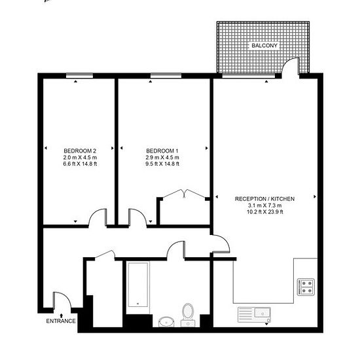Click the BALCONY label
tap(264, 45)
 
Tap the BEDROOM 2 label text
tap(80, 151)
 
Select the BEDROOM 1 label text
tap(162, 151)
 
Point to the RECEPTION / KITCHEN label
tap(264, 199)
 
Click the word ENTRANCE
tap(61, 321)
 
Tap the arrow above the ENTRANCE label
tap(62, 315)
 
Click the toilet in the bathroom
tap(188, 315)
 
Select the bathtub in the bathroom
tap(137, 285)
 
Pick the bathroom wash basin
tap(166, 321)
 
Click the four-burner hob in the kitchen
tap(306, 287)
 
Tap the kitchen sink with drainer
tap(254, 315)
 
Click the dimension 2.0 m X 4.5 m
tap(80, 158)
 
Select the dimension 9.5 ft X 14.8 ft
tap(162, 164)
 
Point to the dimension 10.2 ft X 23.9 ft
tap(265, 211)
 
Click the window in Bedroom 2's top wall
tap(79, 76)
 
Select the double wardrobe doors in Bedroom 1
tap(184, 193)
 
